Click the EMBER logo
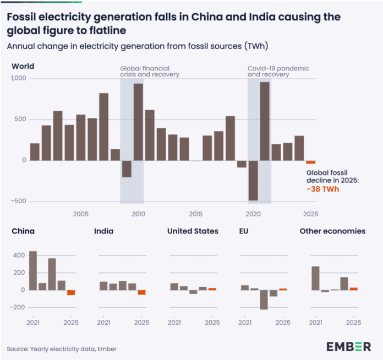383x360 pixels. (x=348, y=346)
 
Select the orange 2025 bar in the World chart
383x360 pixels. (x=310, y=162)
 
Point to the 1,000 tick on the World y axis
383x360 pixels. (x=20, y=79)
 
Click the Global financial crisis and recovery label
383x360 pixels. (x=150, y=72)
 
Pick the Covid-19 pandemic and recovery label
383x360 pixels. (x=278, y=72)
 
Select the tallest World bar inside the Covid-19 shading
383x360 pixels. (x=265, y=121)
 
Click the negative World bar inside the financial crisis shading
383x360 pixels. (x=127, y=169)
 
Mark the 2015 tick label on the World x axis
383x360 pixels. (x=195, y=214)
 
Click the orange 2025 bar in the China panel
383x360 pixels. (x=71, y=292)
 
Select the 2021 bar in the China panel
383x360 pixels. (x=33, y=270)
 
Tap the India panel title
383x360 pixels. (x=104, y=231)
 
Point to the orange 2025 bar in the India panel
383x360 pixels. (x=142, y=292)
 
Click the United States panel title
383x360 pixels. (x=193, y=231)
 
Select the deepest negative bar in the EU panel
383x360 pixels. (x=264, y=299)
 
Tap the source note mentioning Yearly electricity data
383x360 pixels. (x=62, y=349)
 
